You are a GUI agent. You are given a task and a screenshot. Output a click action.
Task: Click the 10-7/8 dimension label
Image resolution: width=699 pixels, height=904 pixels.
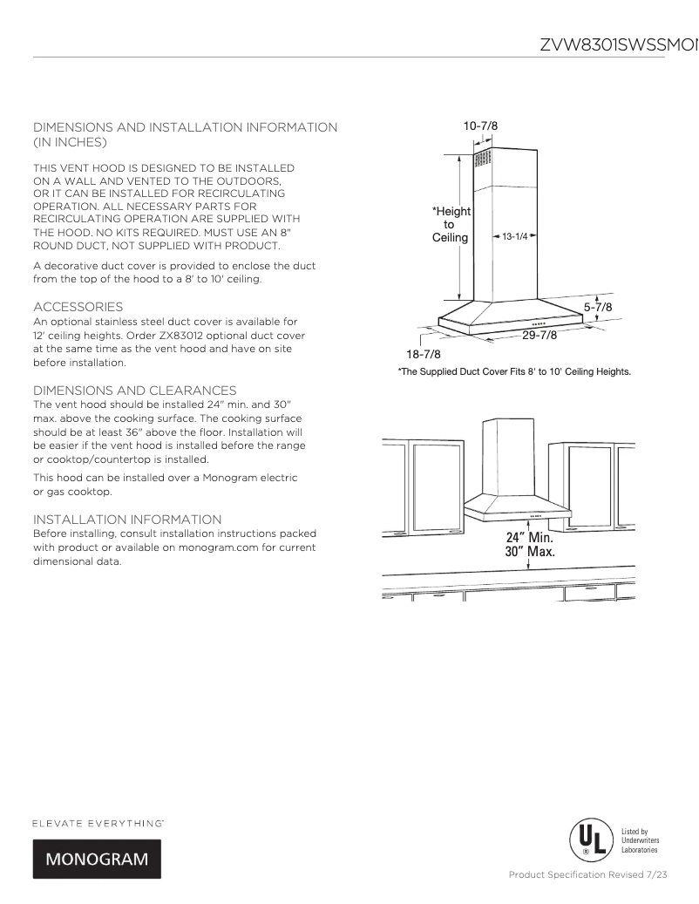480,126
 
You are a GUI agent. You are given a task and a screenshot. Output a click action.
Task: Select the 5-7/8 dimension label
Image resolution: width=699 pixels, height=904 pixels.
598,308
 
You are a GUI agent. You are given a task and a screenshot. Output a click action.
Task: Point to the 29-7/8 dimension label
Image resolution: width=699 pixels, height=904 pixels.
540,336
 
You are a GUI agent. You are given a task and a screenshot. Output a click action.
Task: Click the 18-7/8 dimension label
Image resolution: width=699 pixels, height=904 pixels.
424,354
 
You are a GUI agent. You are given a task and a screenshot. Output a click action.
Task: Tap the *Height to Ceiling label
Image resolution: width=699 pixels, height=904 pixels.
451,224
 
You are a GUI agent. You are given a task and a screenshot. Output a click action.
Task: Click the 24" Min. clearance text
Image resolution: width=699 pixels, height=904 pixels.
531,538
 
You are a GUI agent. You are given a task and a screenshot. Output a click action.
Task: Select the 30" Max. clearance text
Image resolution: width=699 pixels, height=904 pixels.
531,552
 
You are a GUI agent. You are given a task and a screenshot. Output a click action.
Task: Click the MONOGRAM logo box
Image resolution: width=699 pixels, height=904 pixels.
97,859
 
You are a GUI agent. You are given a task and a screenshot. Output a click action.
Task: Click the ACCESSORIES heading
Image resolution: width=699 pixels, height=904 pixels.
78,307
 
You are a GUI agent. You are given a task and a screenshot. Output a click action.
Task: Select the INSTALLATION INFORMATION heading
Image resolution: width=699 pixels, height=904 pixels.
127,520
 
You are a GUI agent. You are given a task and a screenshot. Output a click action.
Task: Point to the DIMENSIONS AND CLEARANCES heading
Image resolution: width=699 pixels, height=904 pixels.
134,390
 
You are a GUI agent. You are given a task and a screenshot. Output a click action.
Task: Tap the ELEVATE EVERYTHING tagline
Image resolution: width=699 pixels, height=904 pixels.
98,823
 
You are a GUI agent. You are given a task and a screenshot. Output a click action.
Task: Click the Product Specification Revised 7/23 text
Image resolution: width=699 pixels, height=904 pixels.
588,874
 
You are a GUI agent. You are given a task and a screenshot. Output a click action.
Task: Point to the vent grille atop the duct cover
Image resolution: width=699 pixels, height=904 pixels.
482,160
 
